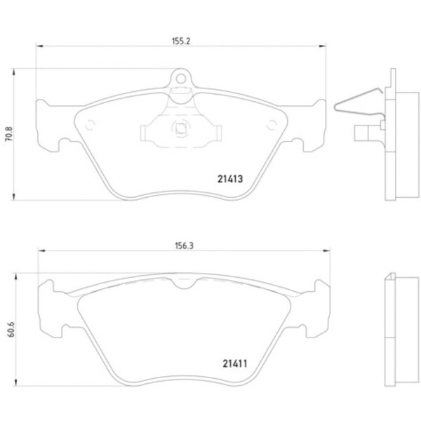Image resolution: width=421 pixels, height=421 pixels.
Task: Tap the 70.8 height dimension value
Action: (x=9, y=133)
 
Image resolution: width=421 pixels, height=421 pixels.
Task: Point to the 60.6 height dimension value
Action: (x=9, y=329)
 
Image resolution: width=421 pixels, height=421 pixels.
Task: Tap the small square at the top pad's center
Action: (x=180, y=128)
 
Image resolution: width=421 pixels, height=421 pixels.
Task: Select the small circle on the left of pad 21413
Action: (x=89, y=126)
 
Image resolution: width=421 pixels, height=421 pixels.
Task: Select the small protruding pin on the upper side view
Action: (x=362, y=131)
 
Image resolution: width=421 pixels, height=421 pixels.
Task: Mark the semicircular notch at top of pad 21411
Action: (x=182, y=283)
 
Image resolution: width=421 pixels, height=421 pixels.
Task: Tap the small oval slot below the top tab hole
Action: (x=180, y=91)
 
